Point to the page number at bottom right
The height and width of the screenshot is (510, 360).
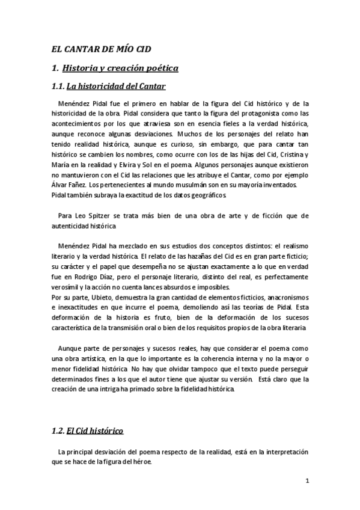click(307, 481)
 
